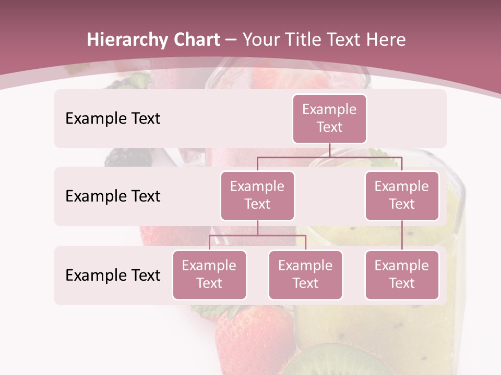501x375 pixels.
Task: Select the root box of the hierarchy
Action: pyautogui.click(x=329, y=119)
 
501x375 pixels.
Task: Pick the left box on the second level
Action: pyautogui.click(x=257, y=196)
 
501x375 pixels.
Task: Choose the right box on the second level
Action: pyautogui.click(x=402, y=196)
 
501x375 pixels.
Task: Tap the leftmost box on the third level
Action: pyautogui.click(x=209, y=275)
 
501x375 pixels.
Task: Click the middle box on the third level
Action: pyautogui.click(x=305, y=275)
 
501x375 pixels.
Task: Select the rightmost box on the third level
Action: pyautogui.click(x=402, y=275)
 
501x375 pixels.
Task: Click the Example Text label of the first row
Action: pyautogui.click(x=113, y=119)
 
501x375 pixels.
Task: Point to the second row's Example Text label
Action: pyautogui.click(x=113, y=196)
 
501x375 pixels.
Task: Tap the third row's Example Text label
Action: pyautogui.click(x=113, y=276)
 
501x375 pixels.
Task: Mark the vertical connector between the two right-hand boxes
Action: pyautogui.click(x=402, y=235)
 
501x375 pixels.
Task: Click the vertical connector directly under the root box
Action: pyautogui.click(x=329, y=150)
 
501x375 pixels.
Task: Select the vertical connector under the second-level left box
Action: pyautogui.click(x=257, y=228)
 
